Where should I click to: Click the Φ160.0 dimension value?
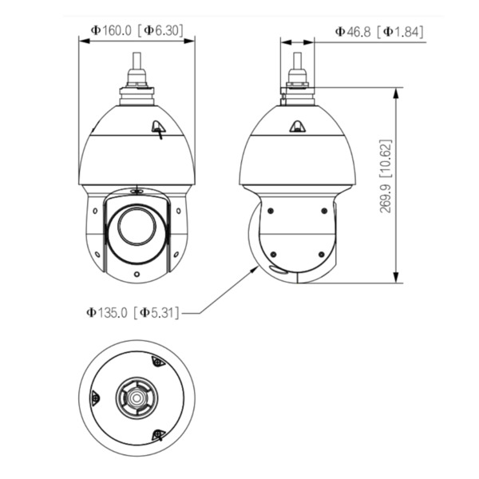tap(111, 31)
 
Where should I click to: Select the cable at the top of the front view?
tap(137, 61)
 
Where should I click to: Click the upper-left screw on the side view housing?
tap(271, 211)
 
